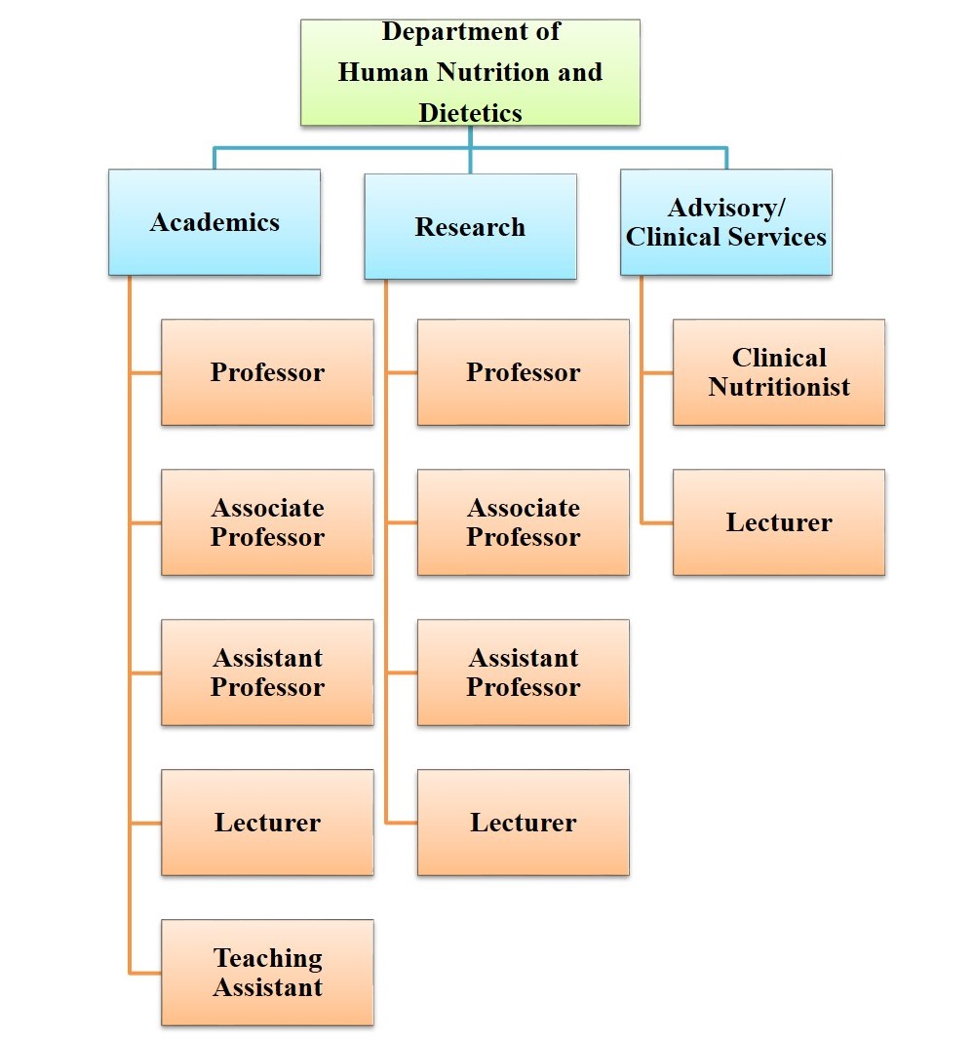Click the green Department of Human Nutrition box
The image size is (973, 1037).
tap(470, 72)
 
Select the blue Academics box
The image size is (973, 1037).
tap(214, 222)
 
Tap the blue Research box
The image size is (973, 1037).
tap(470, 227)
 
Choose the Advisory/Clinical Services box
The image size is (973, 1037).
tap(726, 222)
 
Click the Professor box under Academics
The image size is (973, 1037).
tap(267, 372)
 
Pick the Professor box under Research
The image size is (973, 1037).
tap(523, 372)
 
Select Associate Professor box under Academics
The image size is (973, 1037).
tap(267, 522)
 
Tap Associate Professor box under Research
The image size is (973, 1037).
tap(523, 522)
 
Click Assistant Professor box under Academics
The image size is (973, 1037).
tap(267, 672)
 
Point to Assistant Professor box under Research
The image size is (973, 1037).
tap(523, 672)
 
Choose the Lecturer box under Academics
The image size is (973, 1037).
tap(267, 823)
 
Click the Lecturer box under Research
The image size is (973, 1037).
tap(523, 823)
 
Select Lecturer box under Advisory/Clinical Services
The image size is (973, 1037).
tap(779, 522)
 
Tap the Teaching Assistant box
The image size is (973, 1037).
tap(267, 973)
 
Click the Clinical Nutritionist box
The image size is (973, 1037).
tap(779, 372)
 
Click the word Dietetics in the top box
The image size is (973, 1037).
tap(470, 113)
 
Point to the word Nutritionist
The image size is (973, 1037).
tap(779, 387)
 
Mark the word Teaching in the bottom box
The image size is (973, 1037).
tap(267, 958)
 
